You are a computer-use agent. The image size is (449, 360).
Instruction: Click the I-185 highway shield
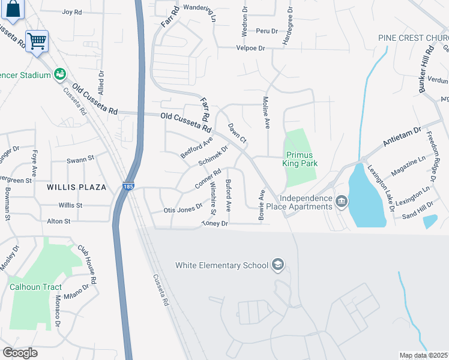(128, 187)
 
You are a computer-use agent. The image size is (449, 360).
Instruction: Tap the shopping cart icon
(37, 41)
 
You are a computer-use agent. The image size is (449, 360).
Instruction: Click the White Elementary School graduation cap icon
(278, 265)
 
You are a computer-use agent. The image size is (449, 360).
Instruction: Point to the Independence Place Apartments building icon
(342, 200)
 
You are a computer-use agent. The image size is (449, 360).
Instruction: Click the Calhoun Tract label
(36, 287)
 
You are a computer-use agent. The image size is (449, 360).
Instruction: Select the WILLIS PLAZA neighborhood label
(77, 187)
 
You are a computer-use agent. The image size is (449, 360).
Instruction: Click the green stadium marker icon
(59, 74)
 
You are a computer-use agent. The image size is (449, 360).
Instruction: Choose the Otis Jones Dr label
(182, 211)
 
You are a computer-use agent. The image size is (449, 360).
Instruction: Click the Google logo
(20, 352)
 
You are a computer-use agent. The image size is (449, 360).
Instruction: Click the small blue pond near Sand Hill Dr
(430, 221)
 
